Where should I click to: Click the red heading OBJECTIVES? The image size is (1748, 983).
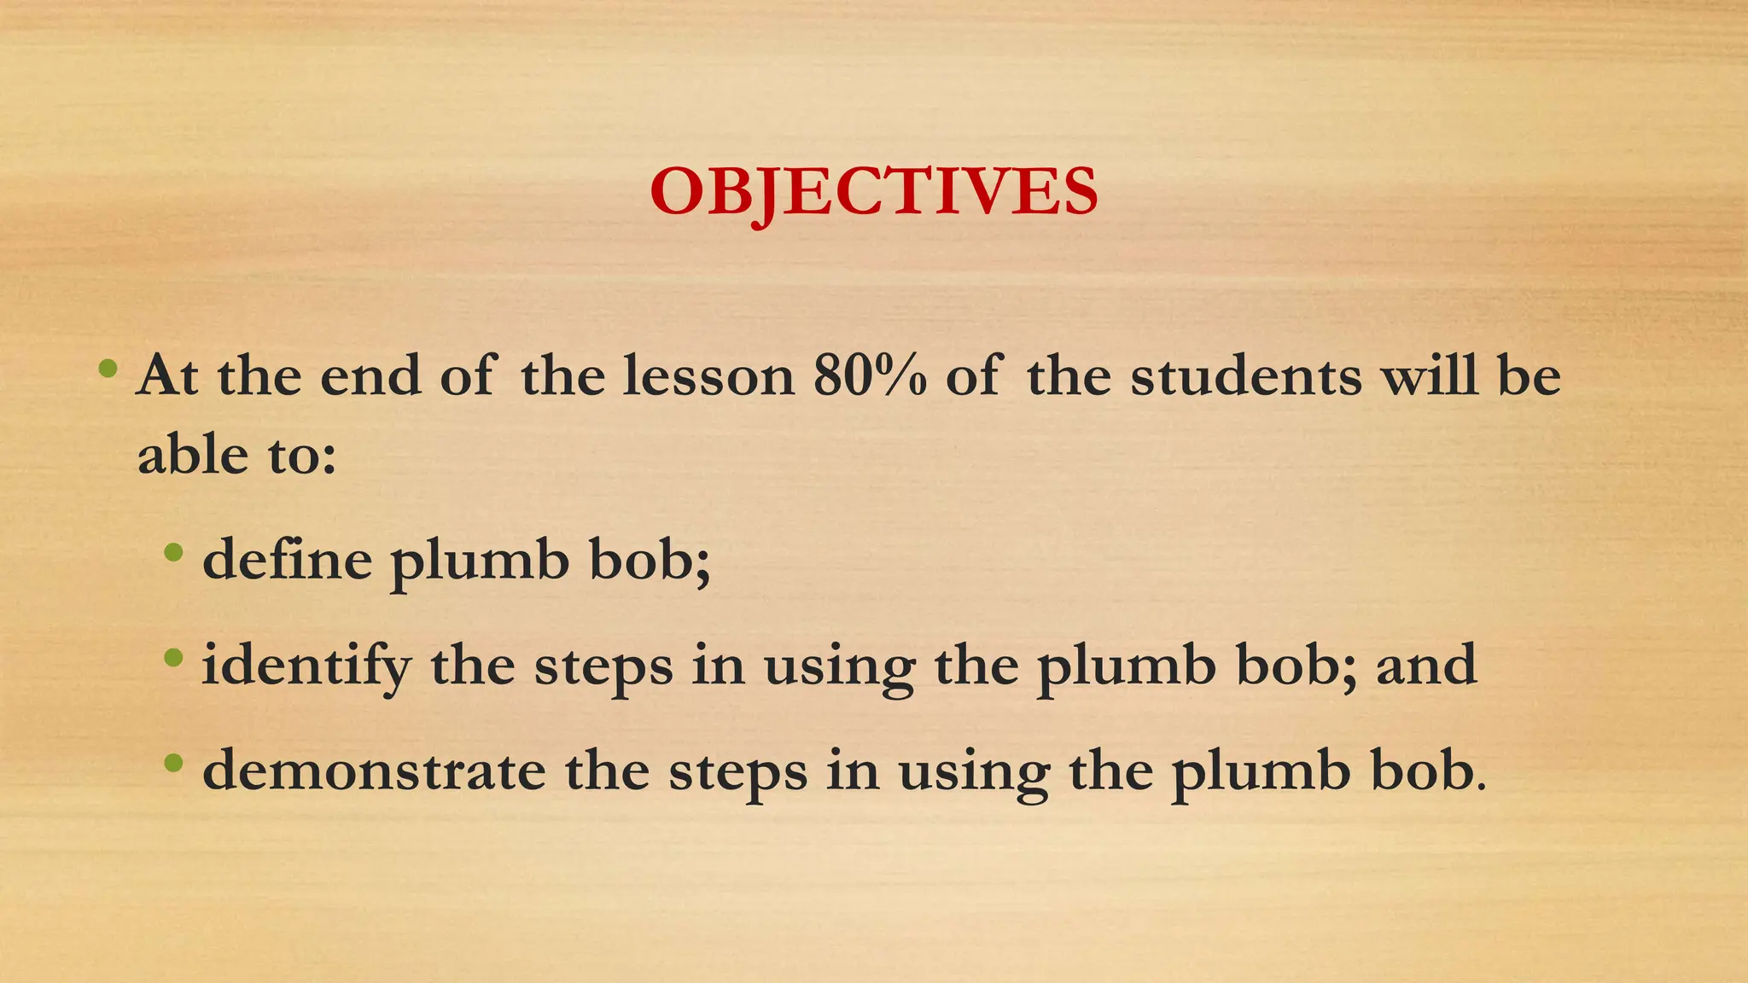[x=873, y=191]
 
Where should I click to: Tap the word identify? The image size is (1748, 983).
[x=306, y=666]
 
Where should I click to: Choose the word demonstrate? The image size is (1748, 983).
[x=374, y=771]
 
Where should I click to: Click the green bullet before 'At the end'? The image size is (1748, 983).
[x=108, y=369]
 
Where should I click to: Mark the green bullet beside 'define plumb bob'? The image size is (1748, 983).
[x=173, y=553]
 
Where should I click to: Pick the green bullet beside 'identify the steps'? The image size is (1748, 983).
[x=173, y=658]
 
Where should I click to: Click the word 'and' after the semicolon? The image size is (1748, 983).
[x=1426, y=666]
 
